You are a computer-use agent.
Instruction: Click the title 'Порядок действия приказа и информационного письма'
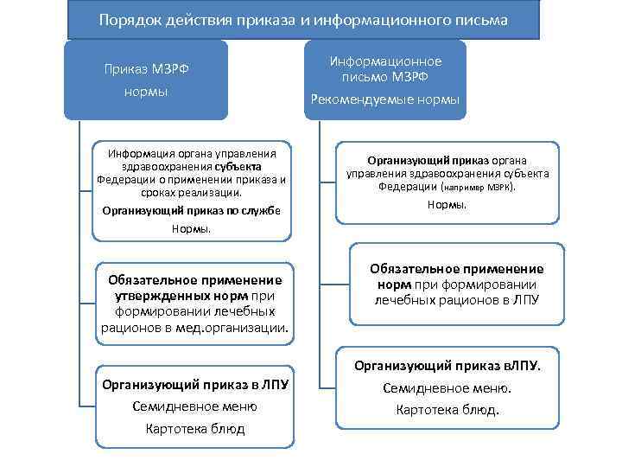click(303, 18)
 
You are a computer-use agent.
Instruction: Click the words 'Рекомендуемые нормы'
click(385, 99)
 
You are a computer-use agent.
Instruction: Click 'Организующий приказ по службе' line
click(191, 210)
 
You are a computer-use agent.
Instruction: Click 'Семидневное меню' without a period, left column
click(195, 406)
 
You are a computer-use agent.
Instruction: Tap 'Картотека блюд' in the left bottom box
click(195, 429)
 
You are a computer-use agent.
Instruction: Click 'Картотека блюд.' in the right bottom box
click(447, 410)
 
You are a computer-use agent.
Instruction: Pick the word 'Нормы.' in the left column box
click(191, 229)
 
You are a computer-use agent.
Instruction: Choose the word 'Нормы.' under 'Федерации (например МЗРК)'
click(447, 205)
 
